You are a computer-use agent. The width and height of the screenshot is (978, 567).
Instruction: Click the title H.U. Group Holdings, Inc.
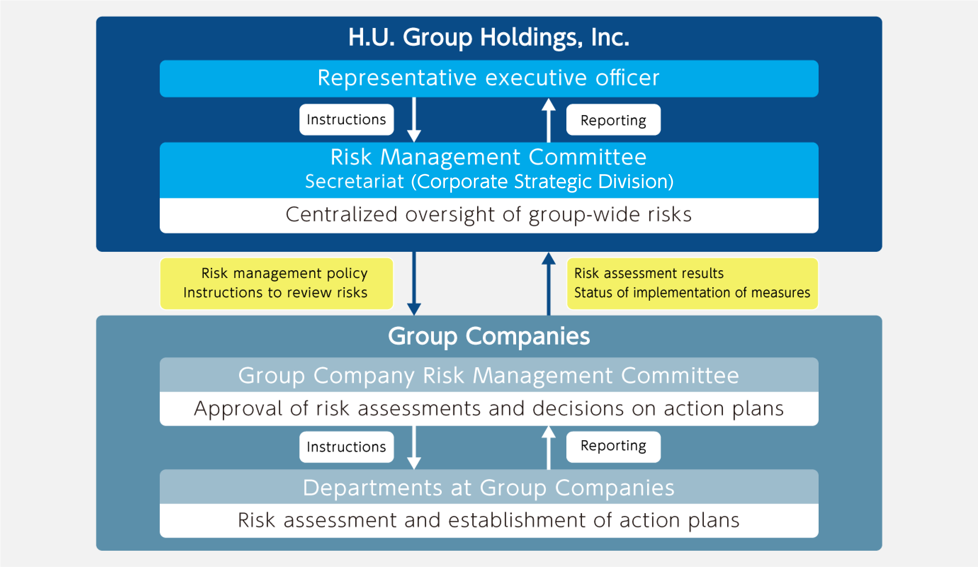click(x=488, y=38)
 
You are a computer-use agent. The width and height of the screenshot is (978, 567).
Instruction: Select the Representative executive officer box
click(x=489, y=78)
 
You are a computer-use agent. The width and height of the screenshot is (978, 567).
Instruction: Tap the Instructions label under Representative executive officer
click(x=346, y=120)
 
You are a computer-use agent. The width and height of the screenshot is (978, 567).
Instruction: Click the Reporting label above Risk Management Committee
click(x=613, y=120)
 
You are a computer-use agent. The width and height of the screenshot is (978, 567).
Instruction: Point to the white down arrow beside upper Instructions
click(x=414, y=120)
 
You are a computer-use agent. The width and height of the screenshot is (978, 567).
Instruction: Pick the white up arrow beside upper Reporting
click(x=548, y=120)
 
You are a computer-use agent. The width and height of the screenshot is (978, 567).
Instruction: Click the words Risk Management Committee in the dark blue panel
click(x=488, y=157)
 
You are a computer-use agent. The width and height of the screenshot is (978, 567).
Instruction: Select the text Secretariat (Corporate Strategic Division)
click(x=489, y=182)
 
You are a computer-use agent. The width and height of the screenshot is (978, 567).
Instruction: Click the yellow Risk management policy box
click(x=277, y=283)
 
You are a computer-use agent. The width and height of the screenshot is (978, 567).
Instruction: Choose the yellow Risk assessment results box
click(x=692, y=283)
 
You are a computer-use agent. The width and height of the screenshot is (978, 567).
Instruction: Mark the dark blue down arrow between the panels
click(x=414, y=284)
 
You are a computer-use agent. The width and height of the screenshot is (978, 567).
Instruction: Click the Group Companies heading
click(x=488, y=336)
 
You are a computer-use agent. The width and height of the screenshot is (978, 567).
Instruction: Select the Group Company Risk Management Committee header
click(x=489, y=375)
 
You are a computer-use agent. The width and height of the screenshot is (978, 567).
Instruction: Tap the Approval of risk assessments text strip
click(x=489, y=409)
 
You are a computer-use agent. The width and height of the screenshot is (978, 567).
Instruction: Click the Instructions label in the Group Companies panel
click(x=346, y=447)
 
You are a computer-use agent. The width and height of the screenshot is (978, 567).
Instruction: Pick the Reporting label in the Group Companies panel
click(x=613, y=447)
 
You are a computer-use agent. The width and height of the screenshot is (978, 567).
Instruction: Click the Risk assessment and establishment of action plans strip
click(x=489, y=521)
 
